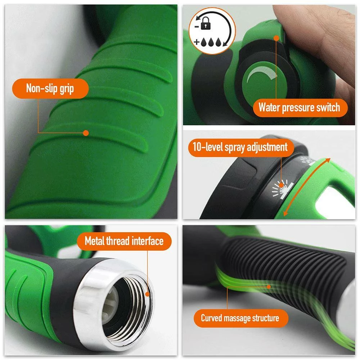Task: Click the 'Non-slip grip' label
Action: pos(50,89)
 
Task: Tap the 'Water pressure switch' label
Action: pos(300,108)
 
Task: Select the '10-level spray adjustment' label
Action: pos(241,147)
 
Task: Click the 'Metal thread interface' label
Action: pos(124,241)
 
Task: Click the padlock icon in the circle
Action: pos(206,23)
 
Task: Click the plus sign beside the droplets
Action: pos(197,42)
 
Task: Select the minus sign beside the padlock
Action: pos(197,27)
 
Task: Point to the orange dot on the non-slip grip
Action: pos(86,133)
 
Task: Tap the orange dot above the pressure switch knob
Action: pos(276,38)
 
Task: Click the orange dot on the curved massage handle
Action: pos(269,287)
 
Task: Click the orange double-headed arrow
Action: pos(307,187)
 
